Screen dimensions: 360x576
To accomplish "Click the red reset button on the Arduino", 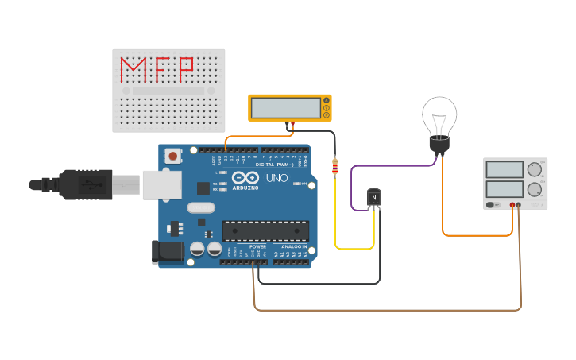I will point(173,157).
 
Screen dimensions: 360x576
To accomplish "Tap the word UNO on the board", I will point(276,178).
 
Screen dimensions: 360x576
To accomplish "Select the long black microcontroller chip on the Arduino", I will point(265,230).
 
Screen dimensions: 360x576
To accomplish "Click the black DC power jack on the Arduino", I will point(164,252).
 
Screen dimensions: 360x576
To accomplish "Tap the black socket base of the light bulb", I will point(439,145).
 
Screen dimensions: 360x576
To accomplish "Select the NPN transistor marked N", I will point(373,197).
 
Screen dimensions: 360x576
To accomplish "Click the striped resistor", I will point(334,167).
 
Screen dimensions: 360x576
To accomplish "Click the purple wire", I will point(389,166).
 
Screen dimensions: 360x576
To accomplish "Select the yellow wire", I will point(354,249).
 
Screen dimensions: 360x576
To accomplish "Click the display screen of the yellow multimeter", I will point(285,107).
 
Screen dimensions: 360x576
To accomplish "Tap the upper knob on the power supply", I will point(534,169).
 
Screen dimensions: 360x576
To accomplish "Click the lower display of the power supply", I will point(504,189).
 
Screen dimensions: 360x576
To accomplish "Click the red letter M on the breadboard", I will point(133,69).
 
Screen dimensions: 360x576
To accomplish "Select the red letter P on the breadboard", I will point(186,69).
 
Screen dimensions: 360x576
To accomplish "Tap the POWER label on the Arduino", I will point(258,246).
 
